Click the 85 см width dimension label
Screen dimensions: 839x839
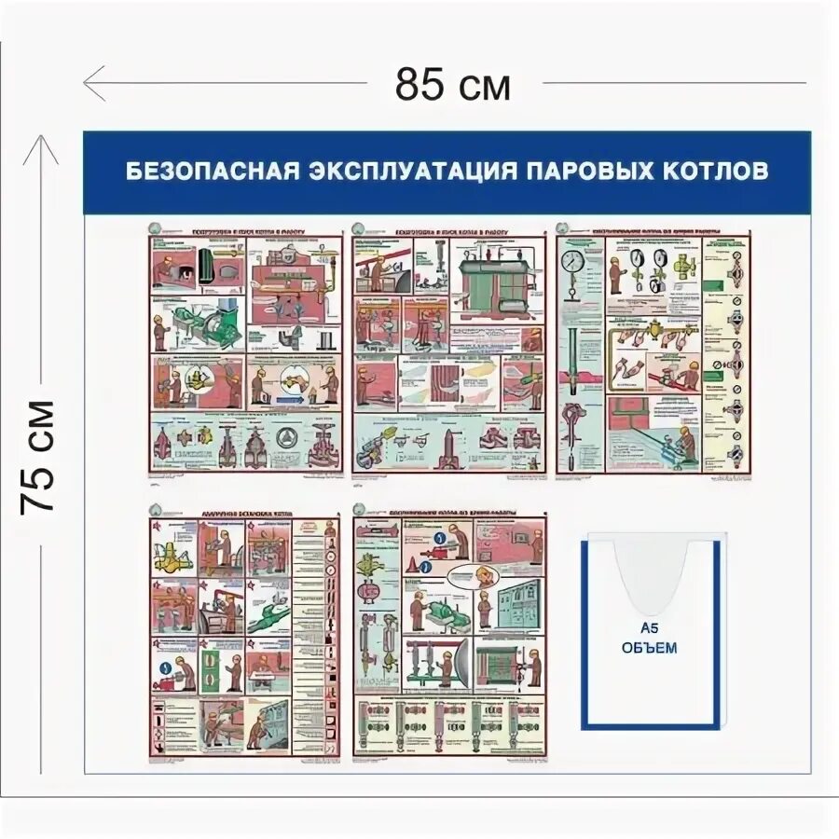pos(453,86)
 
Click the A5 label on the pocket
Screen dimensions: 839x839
pos(650,629)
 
